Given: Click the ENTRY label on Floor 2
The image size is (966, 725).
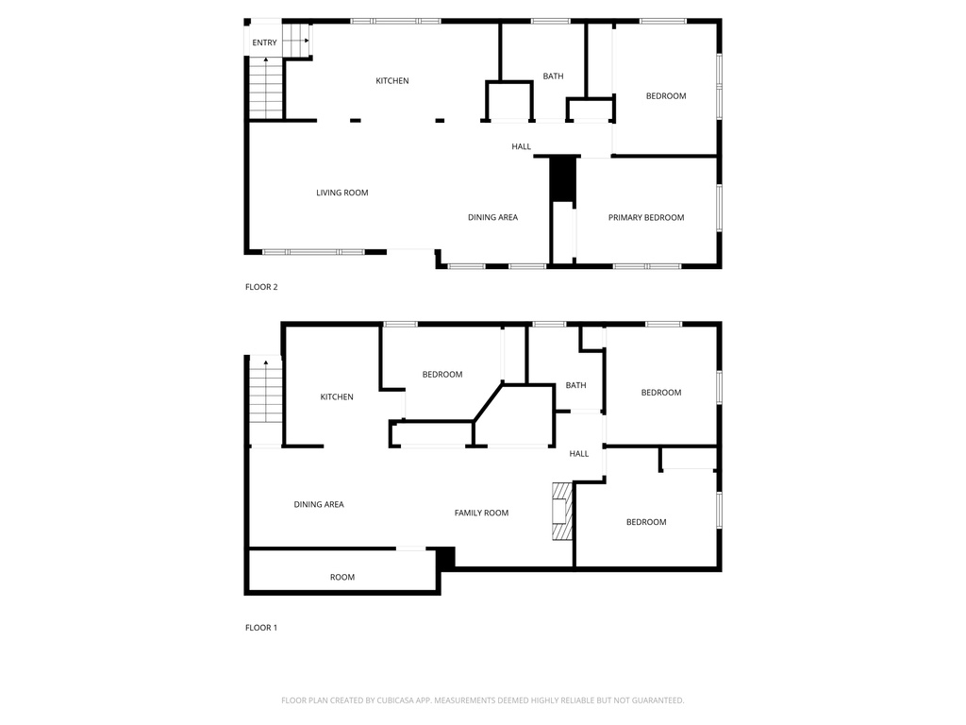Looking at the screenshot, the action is point(264,42).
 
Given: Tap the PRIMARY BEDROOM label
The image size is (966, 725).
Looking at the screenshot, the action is point(645,218).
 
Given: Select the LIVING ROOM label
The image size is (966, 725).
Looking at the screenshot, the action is point(341,193).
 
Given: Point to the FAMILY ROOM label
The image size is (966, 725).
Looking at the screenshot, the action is point(481,513).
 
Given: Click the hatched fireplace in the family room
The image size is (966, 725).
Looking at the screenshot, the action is point(562,511).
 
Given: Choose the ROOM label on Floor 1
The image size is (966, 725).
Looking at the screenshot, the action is point(341,578).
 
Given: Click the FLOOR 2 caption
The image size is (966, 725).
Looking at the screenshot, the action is point(261,287).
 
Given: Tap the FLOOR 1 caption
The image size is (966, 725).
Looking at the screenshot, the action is point(261,628).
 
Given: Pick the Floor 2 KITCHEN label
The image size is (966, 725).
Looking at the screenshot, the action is point(391,81).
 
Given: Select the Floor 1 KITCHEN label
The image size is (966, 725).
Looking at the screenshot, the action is point(337,397).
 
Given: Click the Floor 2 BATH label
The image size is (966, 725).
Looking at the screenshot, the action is point(553,76).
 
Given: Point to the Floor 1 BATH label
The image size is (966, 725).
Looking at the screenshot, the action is point(575,385).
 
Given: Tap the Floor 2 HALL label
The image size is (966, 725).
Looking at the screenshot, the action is point(521,146).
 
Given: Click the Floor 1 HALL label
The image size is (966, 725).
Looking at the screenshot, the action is point(578,454).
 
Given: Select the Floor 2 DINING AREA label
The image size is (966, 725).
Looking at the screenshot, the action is point(492,218).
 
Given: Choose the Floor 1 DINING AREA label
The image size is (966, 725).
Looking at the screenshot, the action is point(319,504).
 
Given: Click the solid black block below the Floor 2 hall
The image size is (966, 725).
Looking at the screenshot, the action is point(562,179).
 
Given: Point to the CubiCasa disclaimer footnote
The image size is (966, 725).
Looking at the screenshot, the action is point(482,700).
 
